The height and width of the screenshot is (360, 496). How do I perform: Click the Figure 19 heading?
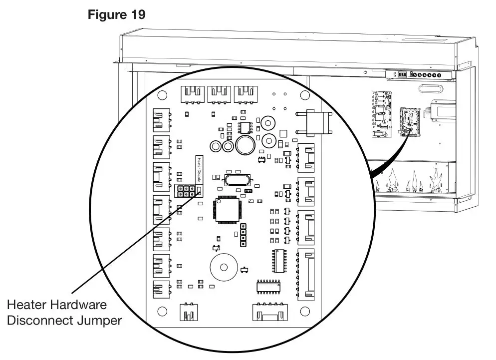click(x=117, y=14)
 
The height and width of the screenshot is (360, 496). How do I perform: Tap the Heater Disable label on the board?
click(x=198, y=170)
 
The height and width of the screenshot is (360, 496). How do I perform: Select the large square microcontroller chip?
click(x=227, y=210)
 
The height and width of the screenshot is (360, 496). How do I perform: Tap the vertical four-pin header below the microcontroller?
click(x=244, y=235)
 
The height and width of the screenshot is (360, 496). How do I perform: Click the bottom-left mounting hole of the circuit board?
click(x=162, y=312)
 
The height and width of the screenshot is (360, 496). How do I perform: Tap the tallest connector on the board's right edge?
click(x=305, y=275)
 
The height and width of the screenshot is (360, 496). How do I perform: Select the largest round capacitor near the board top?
click(x=246, y=145)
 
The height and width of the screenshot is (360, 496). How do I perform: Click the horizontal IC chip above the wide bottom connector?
click(x=268, y=286)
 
